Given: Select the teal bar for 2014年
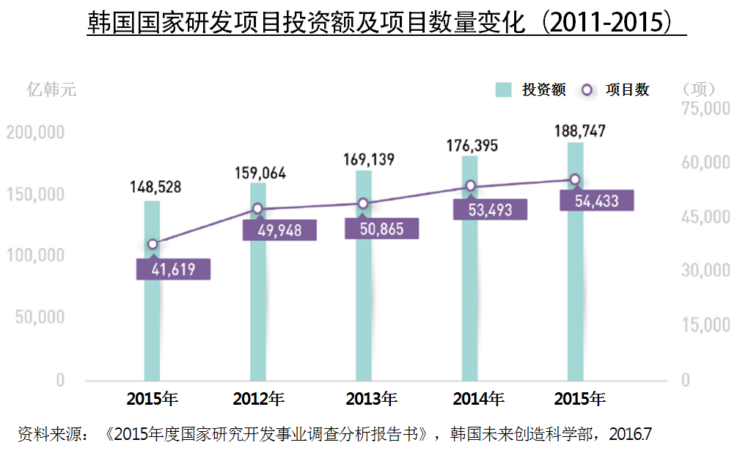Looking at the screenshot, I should (470, 308).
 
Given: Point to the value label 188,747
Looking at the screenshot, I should (576, 131).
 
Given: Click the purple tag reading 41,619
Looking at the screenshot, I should (173, 269).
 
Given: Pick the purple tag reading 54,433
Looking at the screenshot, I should (596, 200).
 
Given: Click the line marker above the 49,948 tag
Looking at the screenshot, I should (257, 209).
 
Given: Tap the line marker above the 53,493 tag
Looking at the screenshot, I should (470, 186).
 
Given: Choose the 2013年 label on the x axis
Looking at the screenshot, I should (371, 400).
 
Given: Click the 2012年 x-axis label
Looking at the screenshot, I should (258, 400).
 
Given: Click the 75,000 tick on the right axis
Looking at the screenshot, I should (706, 109).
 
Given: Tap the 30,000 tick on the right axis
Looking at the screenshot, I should (706, 271).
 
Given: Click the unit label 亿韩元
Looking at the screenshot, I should (51, 90).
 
